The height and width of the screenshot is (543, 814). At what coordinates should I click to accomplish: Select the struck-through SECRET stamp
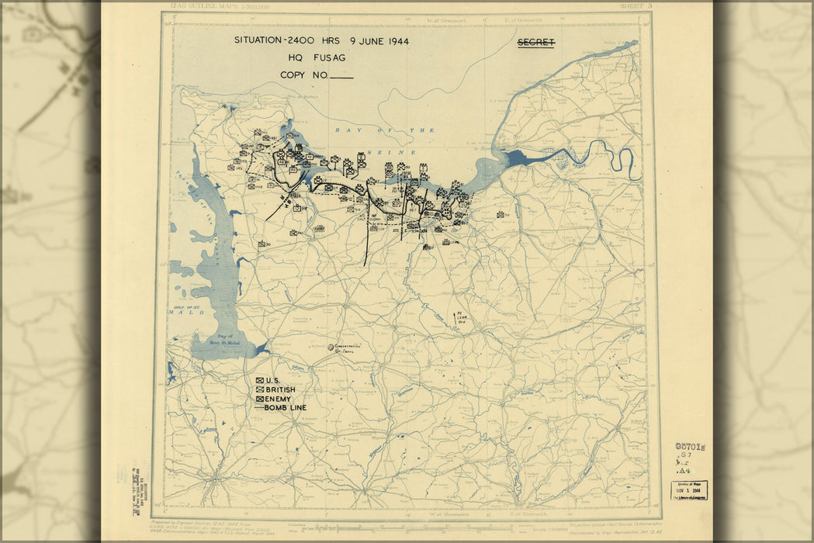coord(536,43)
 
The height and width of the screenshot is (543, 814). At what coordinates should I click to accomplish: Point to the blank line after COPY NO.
coord(341,78)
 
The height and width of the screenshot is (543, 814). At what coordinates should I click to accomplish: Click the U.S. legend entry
coord(268,380)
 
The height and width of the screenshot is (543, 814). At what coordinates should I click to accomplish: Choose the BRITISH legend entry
coord(275,389)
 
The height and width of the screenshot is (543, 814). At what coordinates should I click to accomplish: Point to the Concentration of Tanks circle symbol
coord(331,347)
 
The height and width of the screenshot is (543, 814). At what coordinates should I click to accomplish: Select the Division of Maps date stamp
coord(689,490)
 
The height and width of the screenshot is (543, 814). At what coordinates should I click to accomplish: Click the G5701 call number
coord(690,446)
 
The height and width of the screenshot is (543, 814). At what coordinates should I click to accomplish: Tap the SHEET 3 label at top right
coord(636,6)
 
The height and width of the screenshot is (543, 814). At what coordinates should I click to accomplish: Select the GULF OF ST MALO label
coord(184,310)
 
